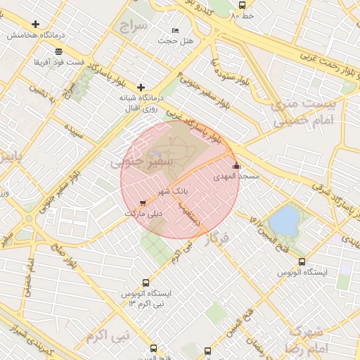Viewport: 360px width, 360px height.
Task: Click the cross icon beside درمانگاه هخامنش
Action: [35, 24]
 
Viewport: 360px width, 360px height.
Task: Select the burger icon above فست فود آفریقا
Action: [58, 51]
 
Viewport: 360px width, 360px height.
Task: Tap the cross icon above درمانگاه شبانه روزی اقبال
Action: [141, 87]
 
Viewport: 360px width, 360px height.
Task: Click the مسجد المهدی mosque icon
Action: [236, 167]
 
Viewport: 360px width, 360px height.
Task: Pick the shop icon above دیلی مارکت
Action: [143, 202]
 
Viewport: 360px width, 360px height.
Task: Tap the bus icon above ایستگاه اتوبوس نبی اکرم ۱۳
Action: [146, 283]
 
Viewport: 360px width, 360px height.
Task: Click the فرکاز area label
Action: [215, 239]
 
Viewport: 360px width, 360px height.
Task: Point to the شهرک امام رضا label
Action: [307, 339]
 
